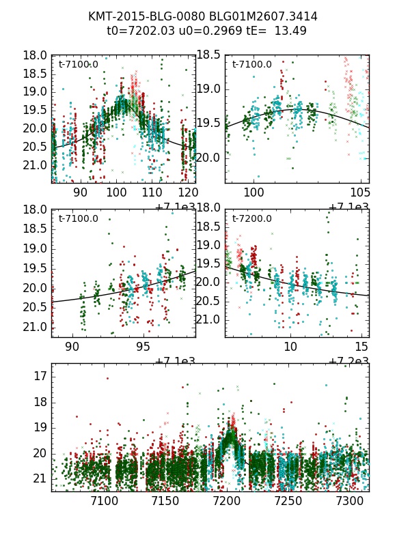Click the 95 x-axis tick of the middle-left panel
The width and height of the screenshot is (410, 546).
(143, 347)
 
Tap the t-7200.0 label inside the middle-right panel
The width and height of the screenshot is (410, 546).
(251, 218)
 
